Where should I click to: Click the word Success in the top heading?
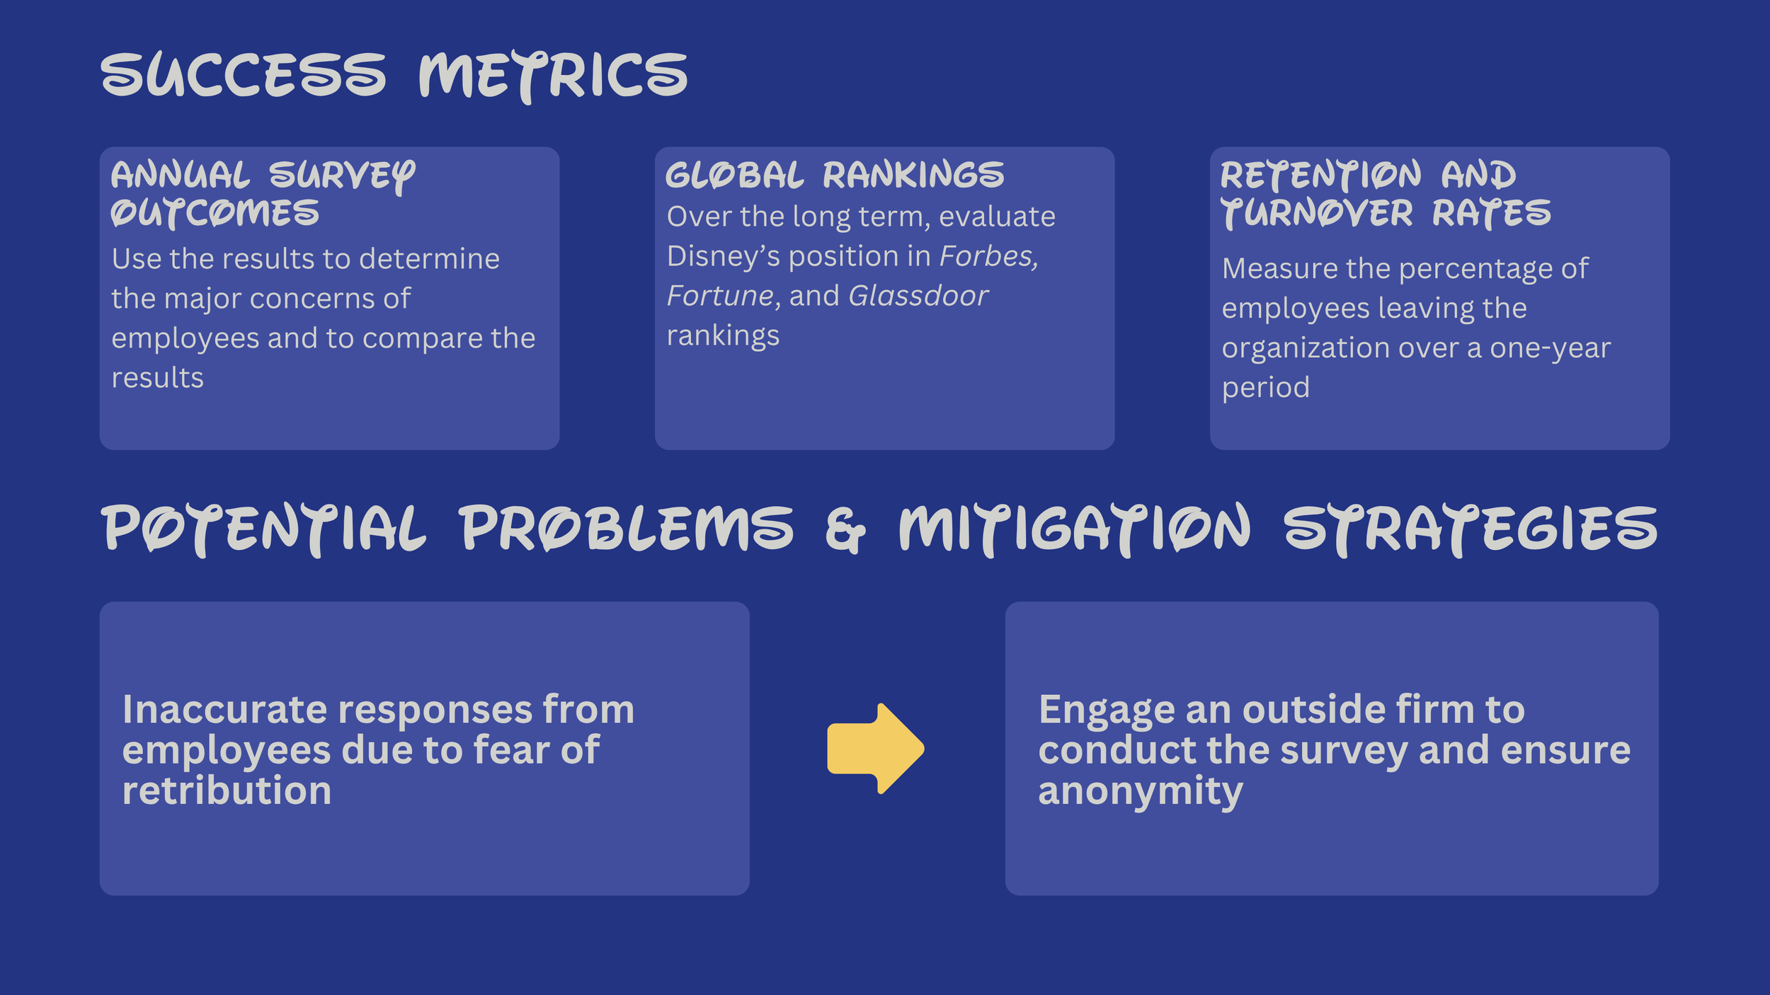[x=244, y=74]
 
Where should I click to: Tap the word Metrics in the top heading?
[x=553, y=76]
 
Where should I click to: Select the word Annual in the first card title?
[x=181, y=175]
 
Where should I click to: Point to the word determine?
[x=429, y=259]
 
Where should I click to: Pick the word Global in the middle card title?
[x=735, y=175]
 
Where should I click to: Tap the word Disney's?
[x=724, y=256]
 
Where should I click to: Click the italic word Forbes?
[x=988, y=256]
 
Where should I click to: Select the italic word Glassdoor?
[x=918, y=296]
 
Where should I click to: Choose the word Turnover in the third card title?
[x=1317, y=213]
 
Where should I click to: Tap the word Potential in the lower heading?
[x=265, y=529]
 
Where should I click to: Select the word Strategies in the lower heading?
[x=1471, y=529]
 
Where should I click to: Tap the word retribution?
[x=227, y=790]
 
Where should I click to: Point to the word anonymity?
[x=1141, y=792]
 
